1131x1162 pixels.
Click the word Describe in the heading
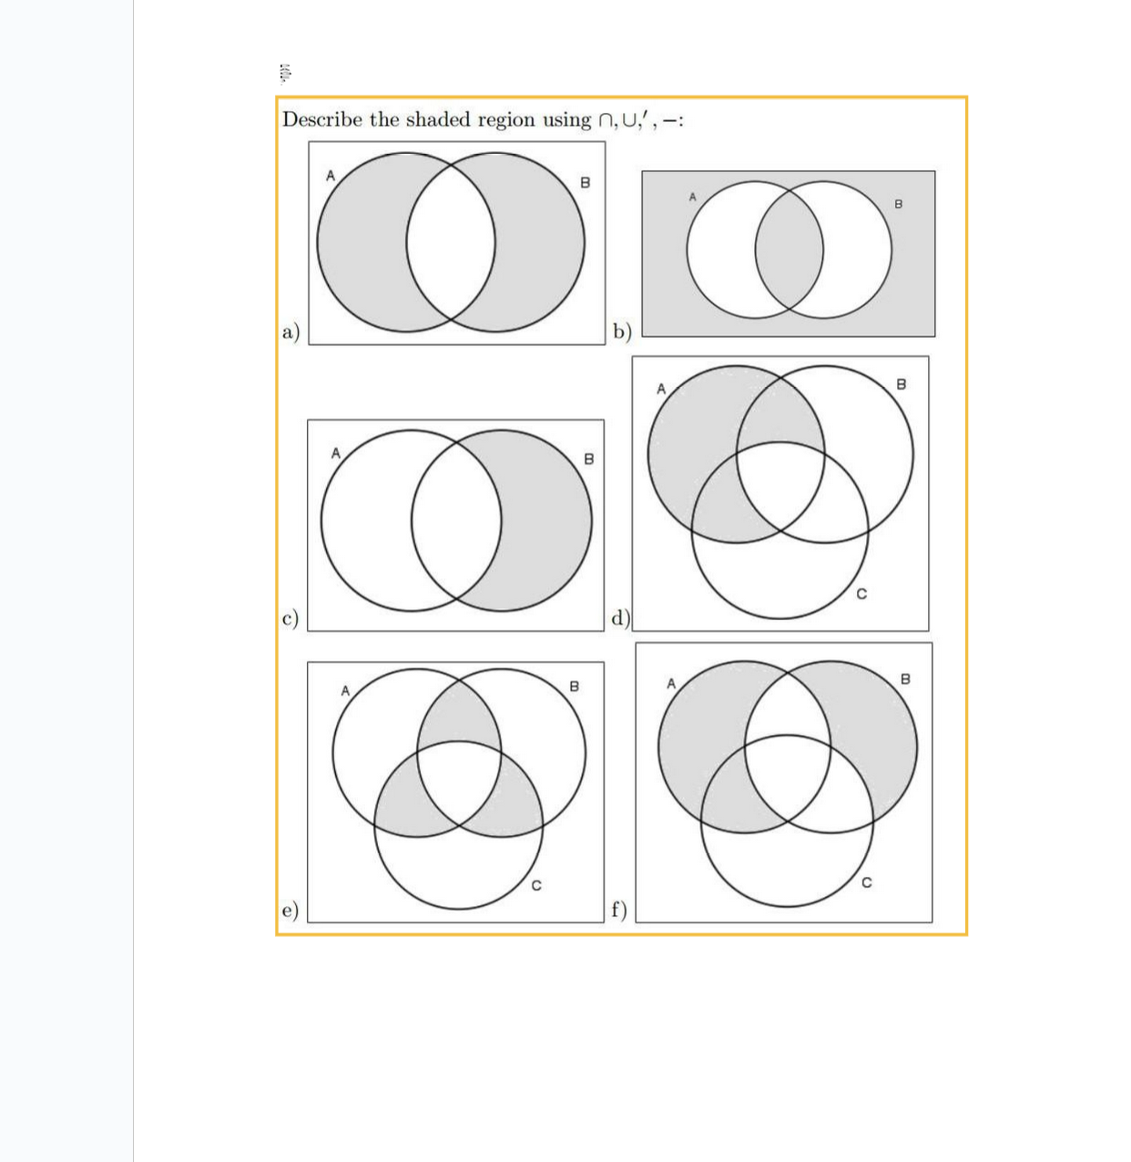click(x=322, y=120)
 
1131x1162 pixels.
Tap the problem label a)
click(x=290, y=331)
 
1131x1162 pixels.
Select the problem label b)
click(x=622, y=331)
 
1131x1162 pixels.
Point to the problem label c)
click(x=290, y=617)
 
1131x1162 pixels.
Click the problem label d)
click(x=620, y=618)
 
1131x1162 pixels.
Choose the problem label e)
click(x=290, y=909)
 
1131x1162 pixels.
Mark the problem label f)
click(x=619, y=909)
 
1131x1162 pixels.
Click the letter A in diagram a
click(x=331, y=175)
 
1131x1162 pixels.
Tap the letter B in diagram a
click(x=586, y=183)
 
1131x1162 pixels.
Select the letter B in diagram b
click(x=899, y=204)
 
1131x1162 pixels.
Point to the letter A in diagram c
click(x=335, y=453)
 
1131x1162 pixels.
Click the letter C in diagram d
click(x=861, y=594)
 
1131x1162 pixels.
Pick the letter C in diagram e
click(x=536, y=884)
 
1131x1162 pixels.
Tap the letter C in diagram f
click(x=866, y=882)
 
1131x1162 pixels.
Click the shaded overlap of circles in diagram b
click(x=790, y=250)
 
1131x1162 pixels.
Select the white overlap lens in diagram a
click(x=451, y=244)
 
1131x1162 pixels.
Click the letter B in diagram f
click(x=905, y=679)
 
